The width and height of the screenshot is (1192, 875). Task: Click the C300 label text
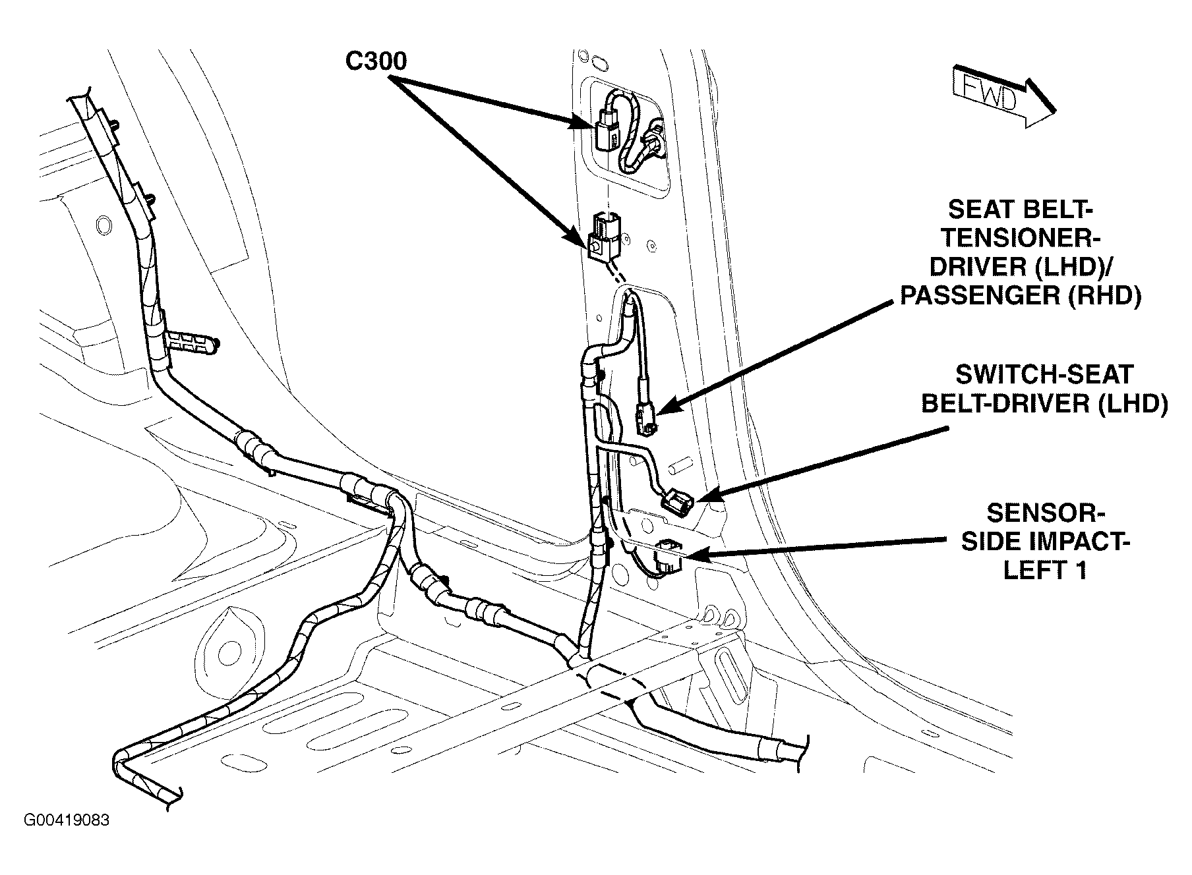(x=376, y=61)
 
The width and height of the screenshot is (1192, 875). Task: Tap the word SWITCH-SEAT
(x=1044, y=375)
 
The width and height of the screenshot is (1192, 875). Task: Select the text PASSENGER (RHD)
(x=1021, y=296)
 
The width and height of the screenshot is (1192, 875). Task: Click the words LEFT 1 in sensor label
(x=1044, y=570)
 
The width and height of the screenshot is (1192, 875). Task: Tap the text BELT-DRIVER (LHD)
(x=1044, y=404)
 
